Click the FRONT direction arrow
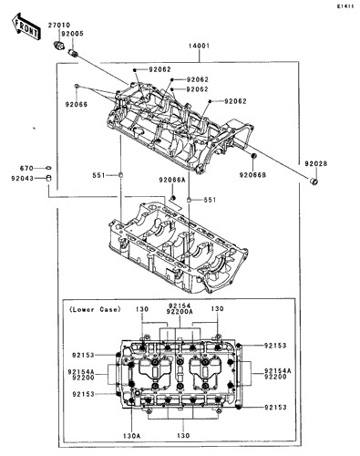25,26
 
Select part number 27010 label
59,26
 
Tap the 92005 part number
72,34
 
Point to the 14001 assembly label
199,47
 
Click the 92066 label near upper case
77,105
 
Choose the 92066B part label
252,175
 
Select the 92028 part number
316,164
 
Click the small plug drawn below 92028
314,181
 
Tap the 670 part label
26,168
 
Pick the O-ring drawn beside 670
48,168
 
